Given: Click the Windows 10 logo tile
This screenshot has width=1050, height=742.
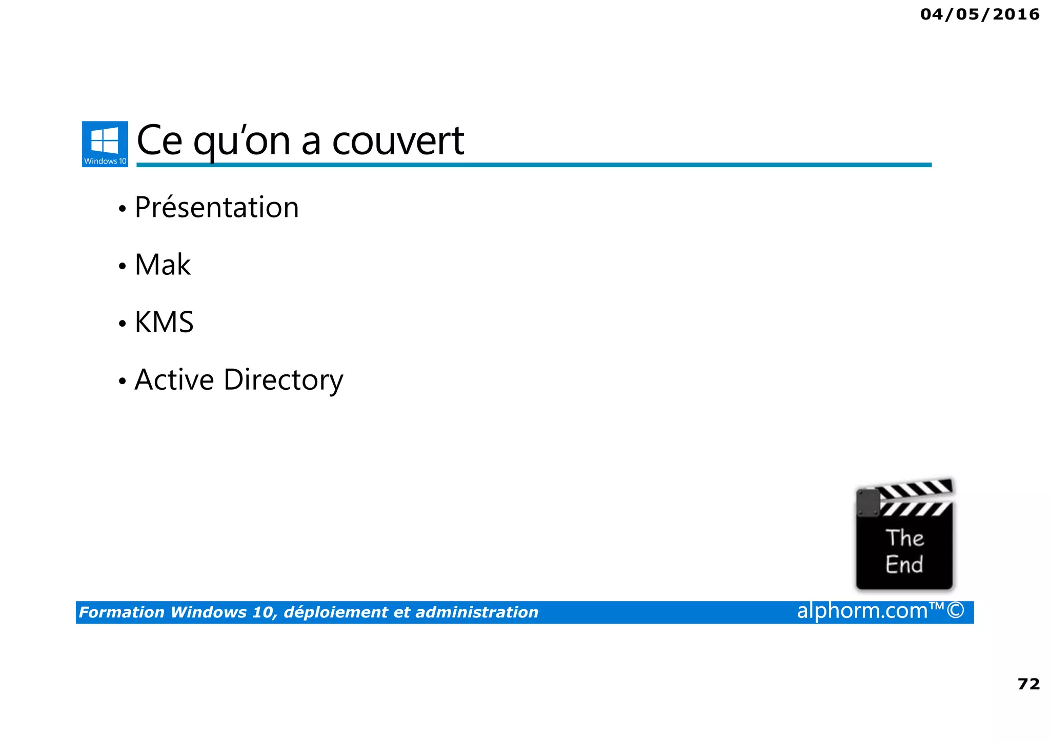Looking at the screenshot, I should click(x=105, y=144).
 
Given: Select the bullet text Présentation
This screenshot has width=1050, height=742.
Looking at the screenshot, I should click(x=216, y=208).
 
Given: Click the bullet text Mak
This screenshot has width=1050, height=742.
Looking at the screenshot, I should click(x=163, y=265).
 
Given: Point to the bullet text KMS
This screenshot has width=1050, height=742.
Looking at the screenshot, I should click(x=164, y=323).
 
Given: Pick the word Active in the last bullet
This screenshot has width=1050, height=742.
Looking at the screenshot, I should click(x=174, y=380).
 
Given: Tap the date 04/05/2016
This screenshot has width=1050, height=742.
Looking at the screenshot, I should click(x=980, y=14).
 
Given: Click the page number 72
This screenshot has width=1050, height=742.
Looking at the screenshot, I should click(x=1028, y=684).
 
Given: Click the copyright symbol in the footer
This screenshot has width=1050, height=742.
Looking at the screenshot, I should click(x=956, y=611).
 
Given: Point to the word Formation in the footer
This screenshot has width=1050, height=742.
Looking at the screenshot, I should click(x=122, y=612).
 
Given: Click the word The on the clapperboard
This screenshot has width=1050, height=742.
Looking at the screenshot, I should click(x=904, y=538).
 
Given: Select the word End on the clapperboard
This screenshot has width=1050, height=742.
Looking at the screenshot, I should click(x=904, y=565).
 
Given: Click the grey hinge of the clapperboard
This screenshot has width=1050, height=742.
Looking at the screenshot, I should click(x=868, y=503).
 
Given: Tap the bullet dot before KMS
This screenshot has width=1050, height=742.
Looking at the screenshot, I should click(x=122, y=324).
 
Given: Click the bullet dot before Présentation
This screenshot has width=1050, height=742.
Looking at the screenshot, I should click(x=122, y=209).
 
